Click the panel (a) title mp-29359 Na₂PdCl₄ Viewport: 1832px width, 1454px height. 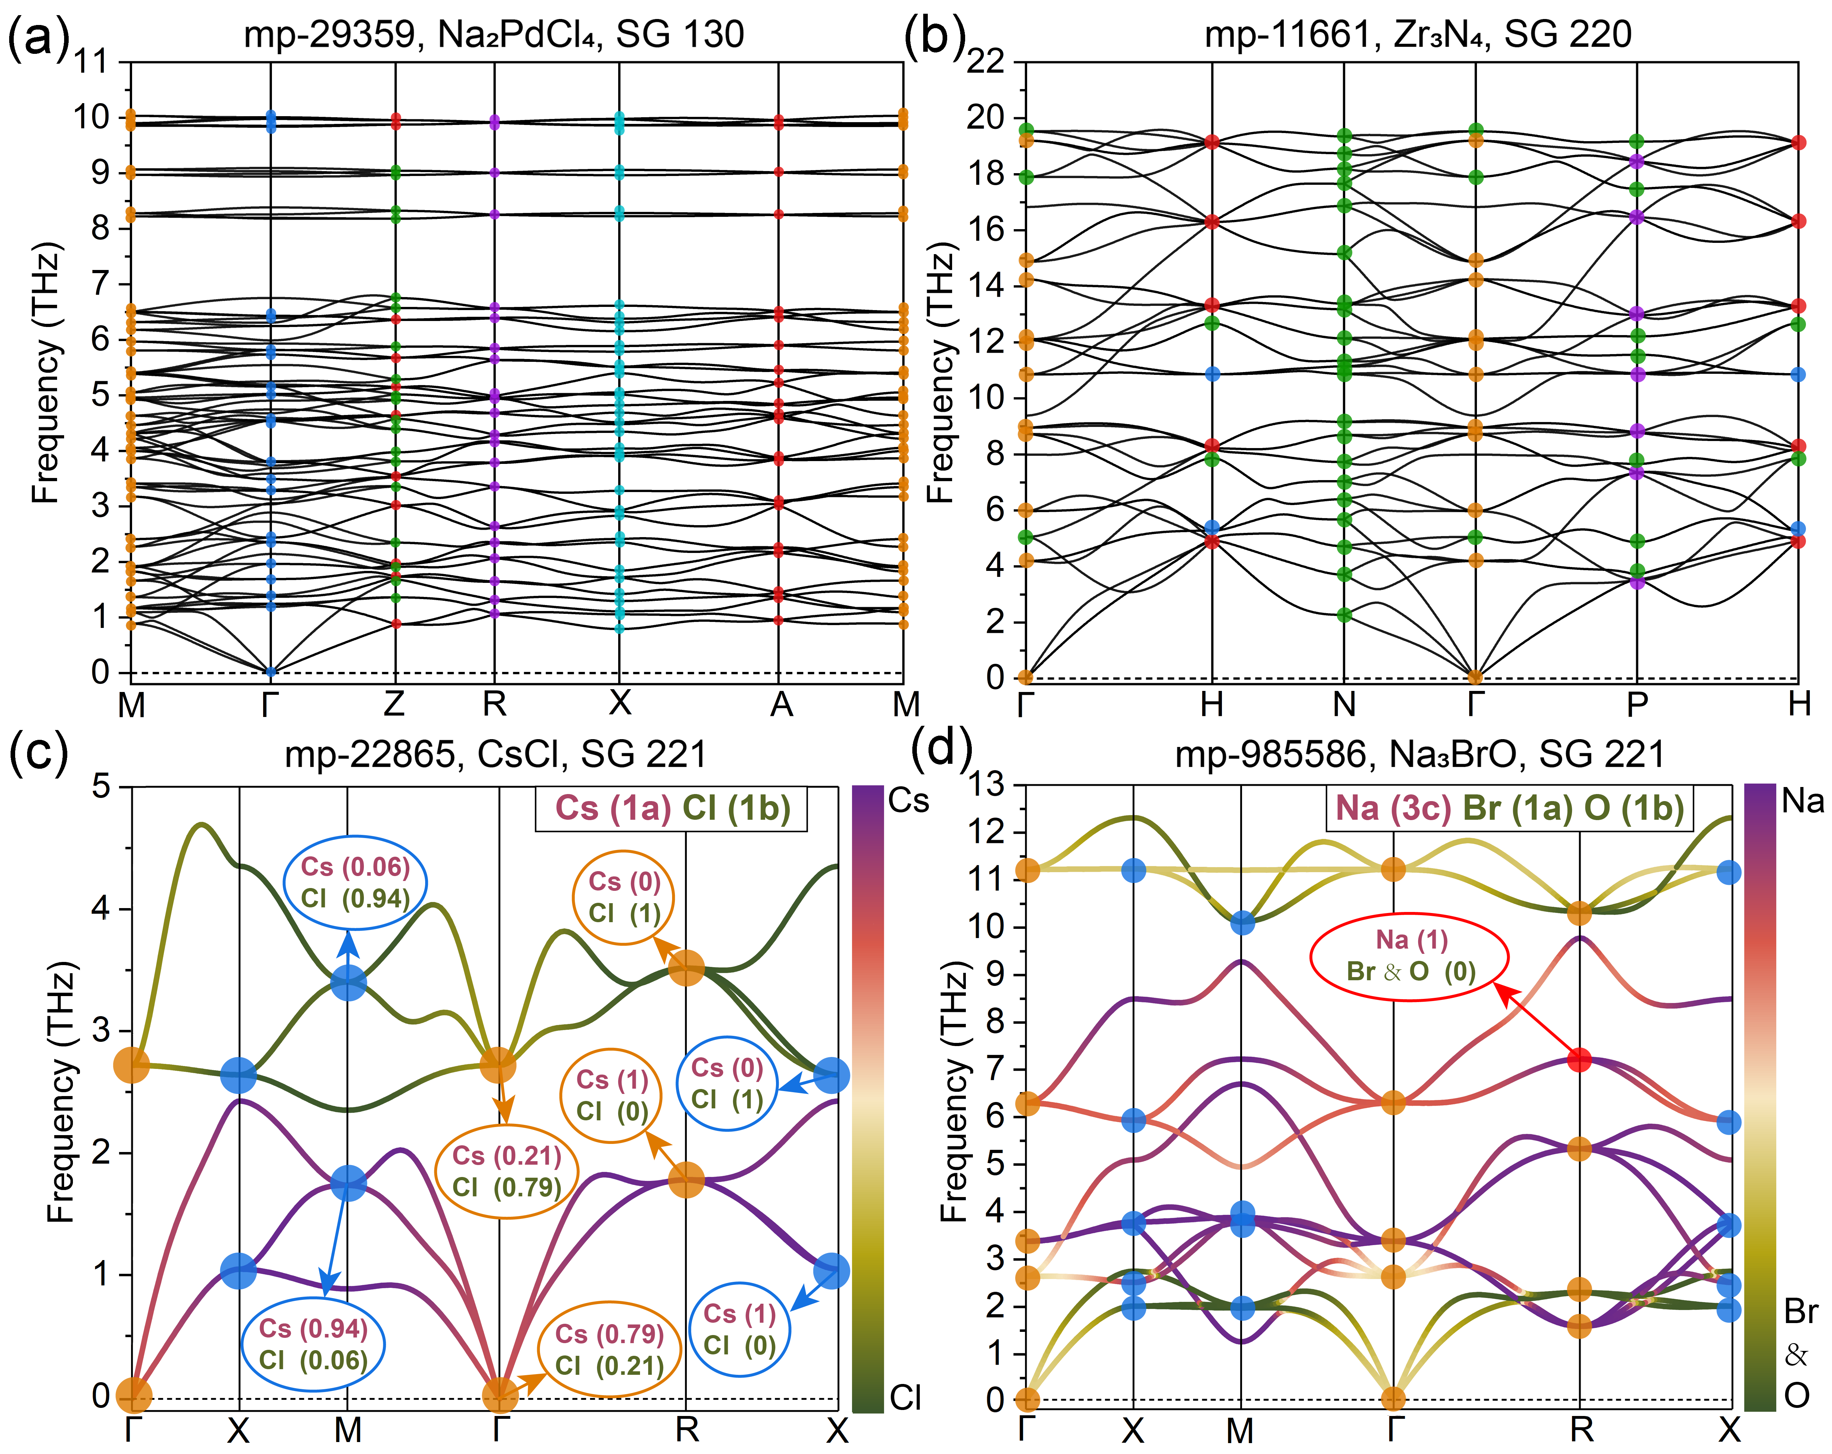pos(493,34)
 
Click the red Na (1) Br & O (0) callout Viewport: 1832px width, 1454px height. pos(1410,956)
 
